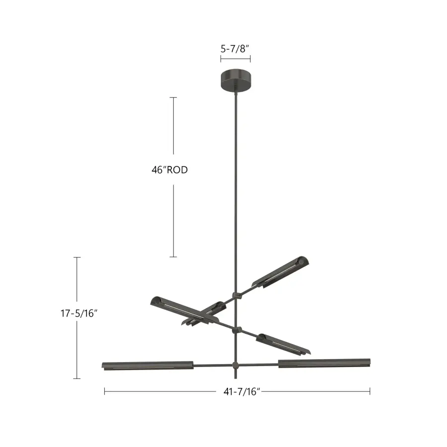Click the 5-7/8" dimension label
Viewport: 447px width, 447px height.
(x=235, y=49)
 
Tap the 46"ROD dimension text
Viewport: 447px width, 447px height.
(x=170, y=169)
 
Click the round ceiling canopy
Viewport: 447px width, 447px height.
(x=236, y=80)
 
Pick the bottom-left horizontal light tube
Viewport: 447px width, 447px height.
(x=148, y=366)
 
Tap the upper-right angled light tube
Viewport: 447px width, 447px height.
(x=280, y=272)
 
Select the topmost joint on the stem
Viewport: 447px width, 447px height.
(x=237, y=296)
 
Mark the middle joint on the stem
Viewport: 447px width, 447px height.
(x=237, y=330)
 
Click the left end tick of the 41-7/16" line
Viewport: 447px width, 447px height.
(x=104, y=391)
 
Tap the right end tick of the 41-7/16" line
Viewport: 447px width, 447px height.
(x=370, y=391)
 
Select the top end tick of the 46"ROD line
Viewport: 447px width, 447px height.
(x=173, y=97)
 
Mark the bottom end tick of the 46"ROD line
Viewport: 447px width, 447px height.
(x=173, y=257)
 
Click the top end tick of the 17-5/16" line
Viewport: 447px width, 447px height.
(x=77, y=257)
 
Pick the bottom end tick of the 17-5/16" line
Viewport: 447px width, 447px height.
(x=77, y=378)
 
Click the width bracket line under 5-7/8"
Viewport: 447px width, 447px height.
(x=235, y=59)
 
